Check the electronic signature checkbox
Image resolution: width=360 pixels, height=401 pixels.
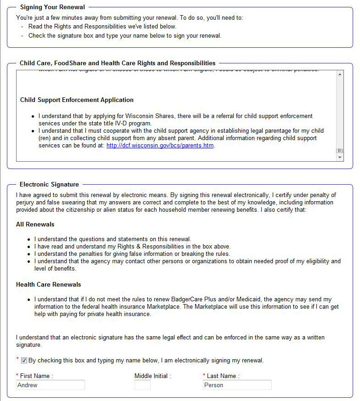(24, 361)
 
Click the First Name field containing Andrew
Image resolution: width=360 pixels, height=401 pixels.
(51, 385)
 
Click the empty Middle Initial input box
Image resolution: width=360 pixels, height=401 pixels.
(142, 385)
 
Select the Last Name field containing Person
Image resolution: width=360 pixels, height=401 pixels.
(237, 385)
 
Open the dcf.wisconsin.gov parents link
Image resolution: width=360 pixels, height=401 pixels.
(160, 146)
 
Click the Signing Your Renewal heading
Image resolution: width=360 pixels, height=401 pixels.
(53, 7)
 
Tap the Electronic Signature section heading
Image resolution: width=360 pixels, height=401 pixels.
(49, 185)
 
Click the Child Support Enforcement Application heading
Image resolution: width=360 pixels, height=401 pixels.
(77, 100)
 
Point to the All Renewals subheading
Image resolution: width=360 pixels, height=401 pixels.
(35, 225)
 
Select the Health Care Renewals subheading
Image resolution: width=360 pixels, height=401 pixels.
(48, 284)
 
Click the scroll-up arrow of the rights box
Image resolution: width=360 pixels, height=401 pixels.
(340, 74)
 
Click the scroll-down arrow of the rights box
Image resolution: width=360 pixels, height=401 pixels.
(340, 158)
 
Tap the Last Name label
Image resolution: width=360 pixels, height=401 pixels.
(223, 376)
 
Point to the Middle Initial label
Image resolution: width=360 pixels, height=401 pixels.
(152, 376)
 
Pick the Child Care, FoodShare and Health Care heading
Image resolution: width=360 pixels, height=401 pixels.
(118, 63)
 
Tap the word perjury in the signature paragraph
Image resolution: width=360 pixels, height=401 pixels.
(26, 203)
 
